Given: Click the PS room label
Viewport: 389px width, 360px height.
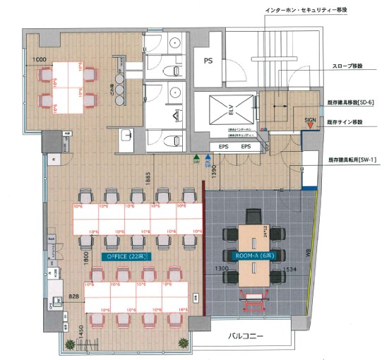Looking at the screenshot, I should pyautogui.click(x=209, y=62).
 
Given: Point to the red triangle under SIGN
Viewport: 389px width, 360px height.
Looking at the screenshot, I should pyautogui.click(x=310, y=127).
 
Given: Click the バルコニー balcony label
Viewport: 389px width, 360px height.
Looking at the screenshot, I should pyautogui.click(x=246, y=337).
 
